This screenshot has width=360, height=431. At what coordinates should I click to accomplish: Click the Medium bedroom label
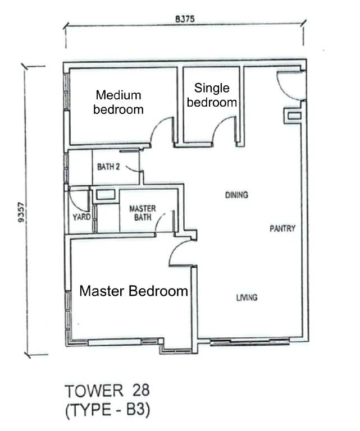click(x=119, y=102)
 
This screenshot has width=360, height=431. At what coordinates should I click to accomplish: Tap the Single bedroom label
click(x=212, y=95)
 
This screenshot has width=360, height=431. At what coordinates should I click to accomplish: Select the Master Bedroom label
click(x=134, y=291)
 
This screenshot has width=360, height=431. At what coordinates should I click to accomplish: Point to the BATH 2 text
click(x=108, y=167)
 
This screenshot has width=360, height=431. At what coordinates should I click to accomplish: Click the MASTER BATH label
click(x=143, y=213)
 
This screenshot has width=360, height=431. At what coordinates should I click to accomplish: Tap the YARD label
click(x=81, y=217)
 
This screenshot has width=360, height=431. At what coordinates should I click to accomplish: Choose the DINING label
click(x=236, y=195)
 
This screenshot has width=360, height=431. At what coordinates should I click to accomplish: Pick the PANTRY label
click(x=282, y=228)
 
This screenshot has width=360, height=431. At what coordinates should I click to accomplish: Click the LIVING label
click(x=247, y=297)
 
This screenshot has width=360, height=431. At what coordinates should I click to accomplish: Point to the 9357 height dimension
click(x=21, y=212)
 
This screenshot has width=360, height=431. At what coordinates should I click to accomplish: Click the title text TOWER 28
click(x=107, y=391)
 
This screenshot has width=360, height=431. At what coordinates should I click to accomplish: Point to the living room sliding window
click(x=250, y=342)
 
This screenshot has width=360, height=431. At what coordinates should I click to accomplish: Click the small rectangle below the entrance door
click(x=294, y=116)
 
